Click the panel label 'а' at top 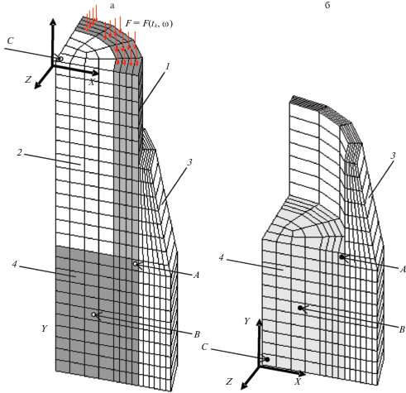tap(112, 6)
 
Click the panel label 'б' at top tap(327, 5)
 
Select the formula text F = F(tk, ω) tap(149, 23)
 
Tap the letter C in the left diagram tap(10, 41)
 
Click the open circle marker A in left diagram tap(135, 264)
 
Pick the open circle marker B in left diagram tap(93, 314)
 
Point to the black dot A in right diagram tap(342, 256)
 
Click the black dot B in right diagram tap(300, 308)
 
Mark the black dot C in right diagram tap(267, 359)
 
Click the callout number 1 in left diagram tap(168, 67)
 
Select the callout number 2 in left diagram tap(19, 152)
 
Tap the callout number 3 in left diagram tap(189, 162)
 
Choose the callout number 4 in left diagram tap(15, 264)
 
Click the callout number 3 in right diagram tap(393, 156)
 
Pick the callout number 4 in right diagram tap(221, 258)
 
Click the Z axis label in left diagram tap(28, 79)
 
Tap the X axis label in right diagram tap(298, 381)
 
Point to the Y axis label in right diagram tap(247, 321)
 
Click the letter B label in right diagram tap(402, 329)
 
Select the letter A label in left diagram tap(196, 275)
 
